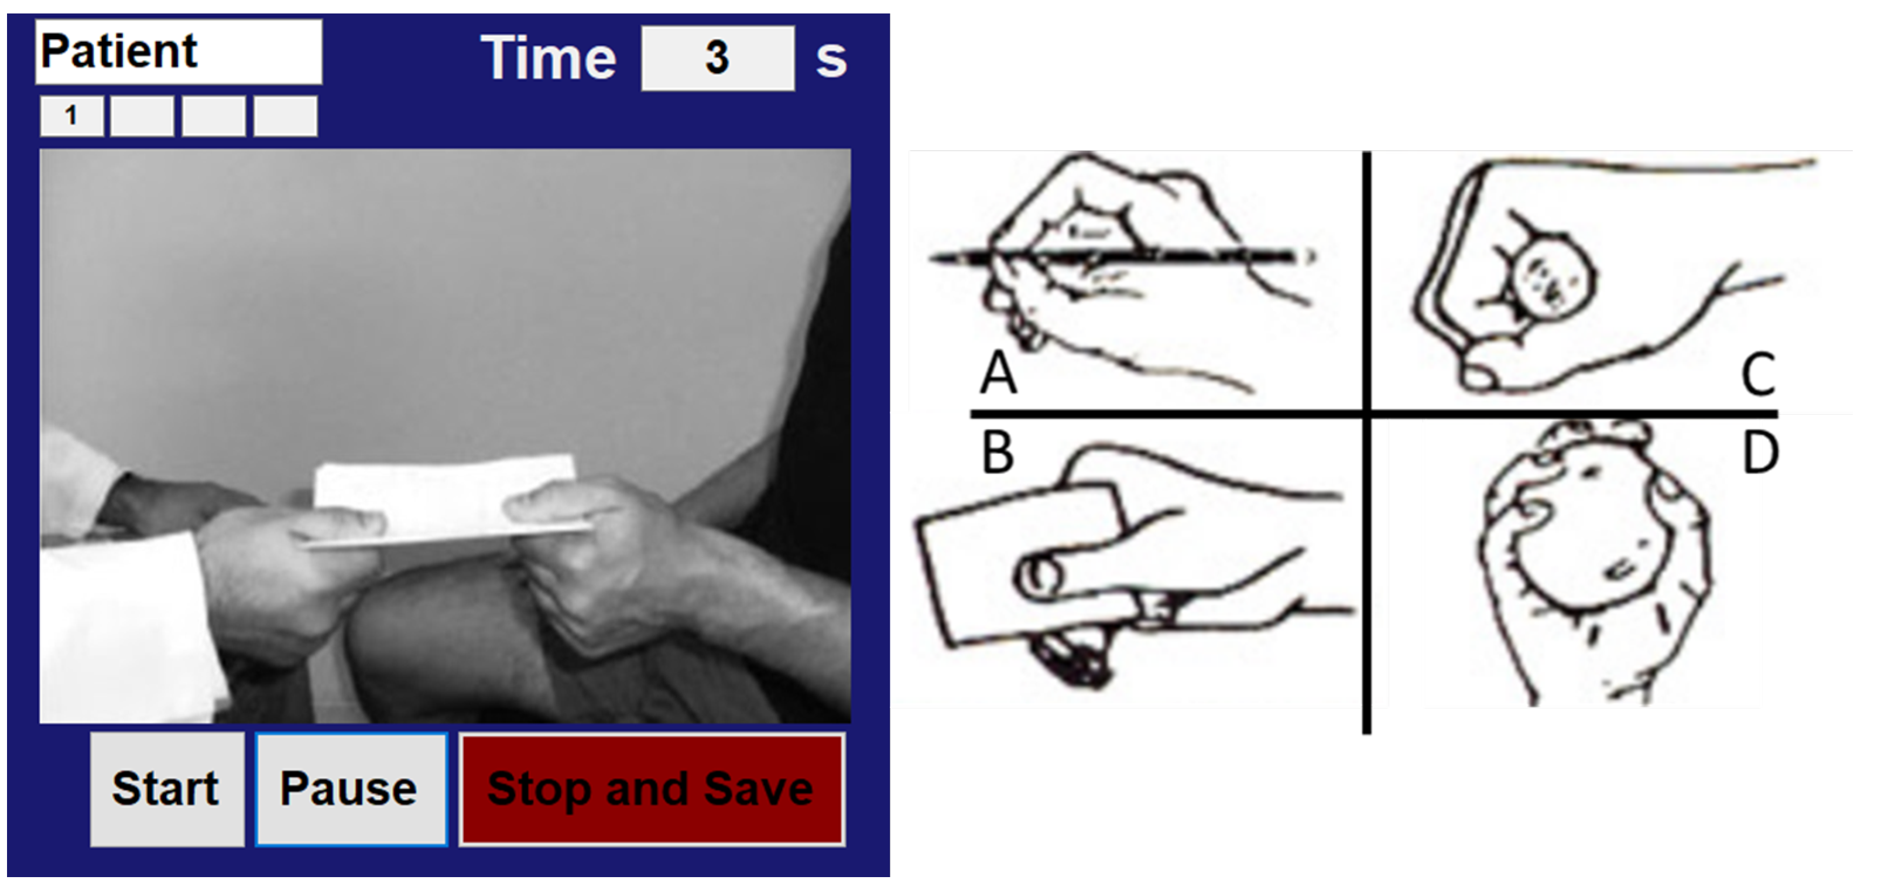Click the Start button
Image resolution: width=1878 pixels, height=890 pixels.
pyautogui.click(x=167, y=789)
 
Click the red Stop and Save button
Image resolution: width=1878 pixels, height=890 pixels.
pyautogui.click(x=652, y=789)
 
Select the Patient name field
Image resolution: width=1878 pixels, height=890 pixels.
pyautogui.click(x=179, y=52)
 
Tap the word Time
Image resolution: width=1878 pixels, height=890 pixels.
pyautogui.click(x=548, y=57)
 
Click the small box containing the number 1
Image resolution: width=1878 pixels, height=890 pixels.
pyautogui.click(x=71, y=116)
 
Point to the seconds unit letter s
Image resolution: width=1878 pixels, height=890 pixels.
pyautogui.click(x=831, y=60)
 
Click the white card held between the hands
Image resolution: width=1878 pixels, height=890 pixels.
pyautogui.click(x=445, y=499)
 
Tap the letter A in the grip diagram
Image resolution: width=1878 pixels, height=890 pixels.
pyautogui.click(x=998, y=372)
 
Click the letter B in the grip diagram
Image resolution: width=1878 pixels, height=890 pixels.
pyautogui.click(x=998, y=452)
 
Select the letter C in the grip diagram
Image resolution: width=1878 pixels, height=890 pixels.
pyautogui.click(x=1758, y=375)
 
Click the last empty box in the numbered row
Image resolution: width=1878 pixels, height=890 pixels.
pyautogui.click(x=285, y=116)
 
